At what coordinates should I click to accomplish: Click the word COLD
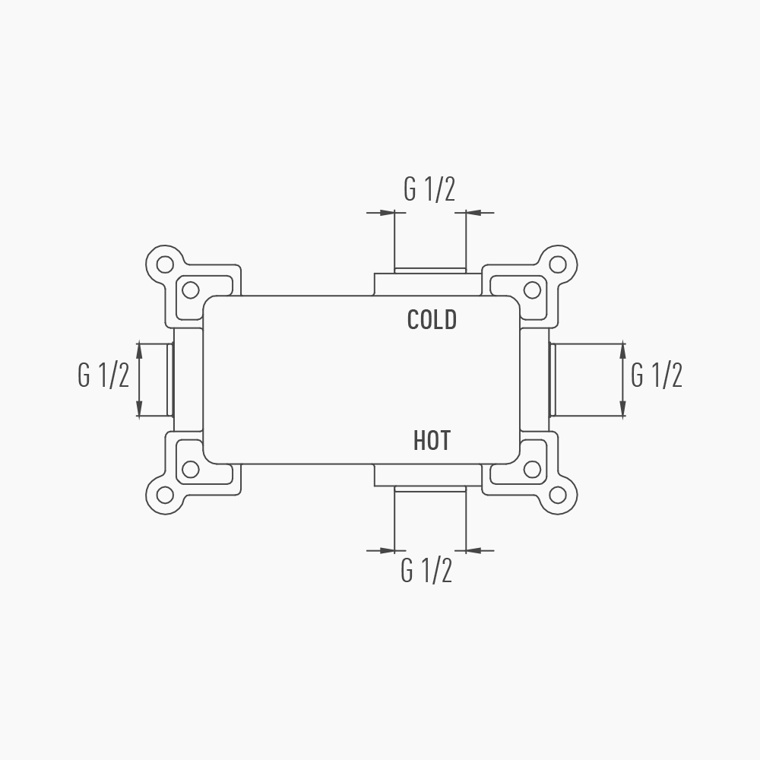pos(432,320)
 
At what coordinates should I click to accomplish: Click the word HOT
pos(432,441)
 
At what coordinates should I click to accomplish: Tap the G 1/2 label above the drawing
pos(429,189)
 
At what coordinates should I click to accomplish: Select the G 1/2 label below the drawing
pos(426,571)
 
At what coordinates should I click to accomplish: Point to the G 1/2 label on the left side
pos(103,375)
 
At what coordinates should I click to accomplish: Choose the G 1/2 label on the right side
pos(657,375)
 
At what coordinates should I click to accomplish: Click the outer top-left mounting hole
pos(165,264)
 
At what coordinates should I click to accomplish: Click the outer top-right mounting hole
pos(558,264)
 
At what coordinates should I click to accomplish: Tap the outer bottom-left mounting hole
pos(165,495)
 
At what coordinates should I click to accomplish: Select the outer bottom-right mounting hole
pos(558,495)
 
